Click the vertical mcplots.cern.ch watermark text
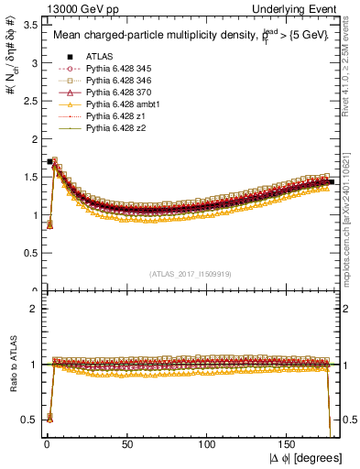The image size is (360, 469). click(x=353, y=220)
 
